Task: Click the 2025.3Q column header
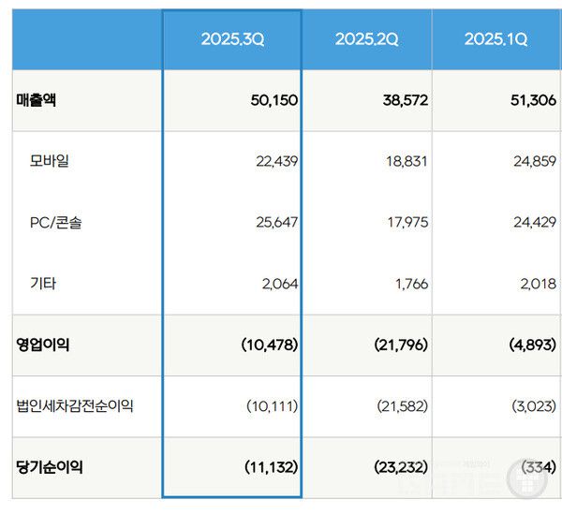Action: point(233,39)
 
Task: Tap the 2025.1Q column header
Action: point(495,39)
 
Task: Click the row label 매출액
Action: point(37,99)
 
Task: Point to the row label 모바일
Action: point(50,161)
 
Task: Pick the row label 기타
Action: point(43,283)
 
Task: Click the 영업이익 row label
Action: point(43,345)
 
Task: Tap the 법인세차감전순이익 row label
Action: point(75,405)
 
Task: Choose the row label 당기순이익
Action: point(50,466)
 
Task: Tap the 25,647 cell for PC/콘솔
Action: point(275,222)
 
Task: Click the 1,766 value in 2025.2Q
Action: point(407,283)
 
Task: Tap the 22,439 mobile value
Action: point(275,161)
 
